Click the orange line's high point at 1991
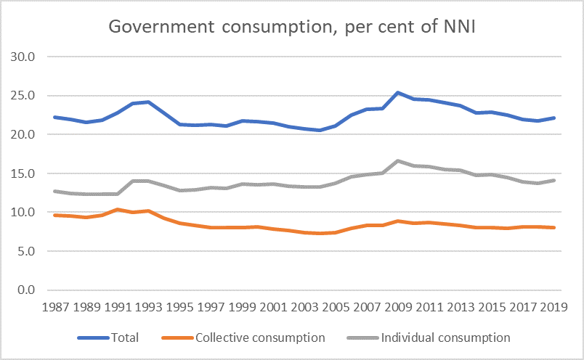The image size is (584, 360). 118,210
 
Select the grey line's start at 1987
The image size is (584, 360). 55,191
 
